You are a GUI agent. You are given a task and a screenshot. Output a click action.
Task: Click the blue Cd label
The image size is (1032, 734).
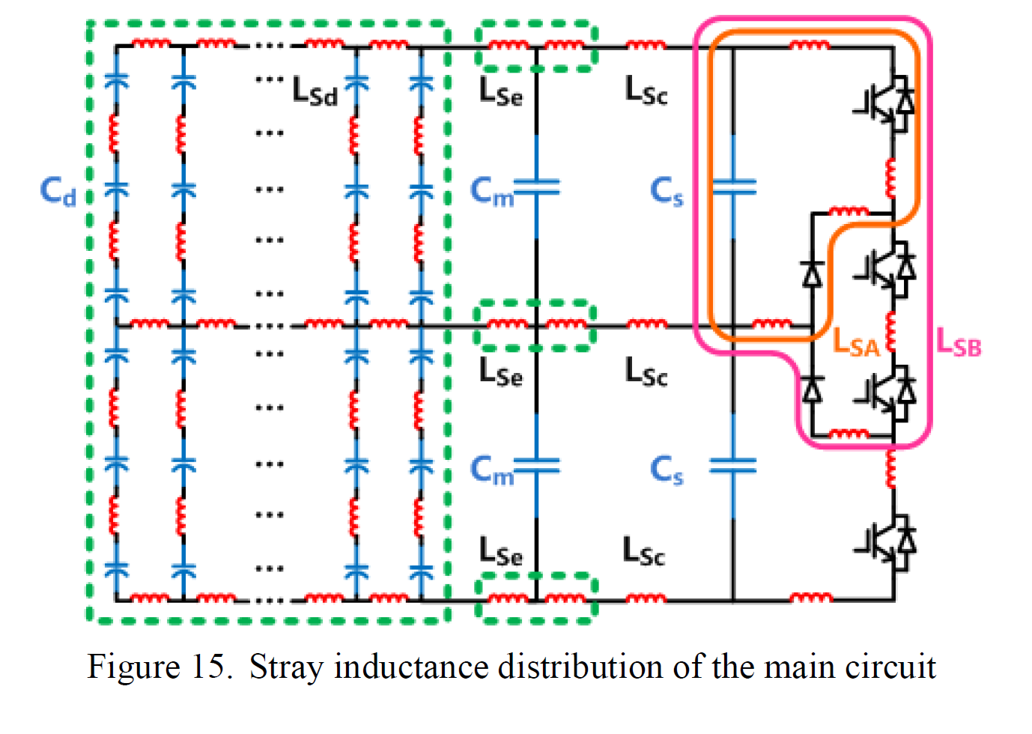58,191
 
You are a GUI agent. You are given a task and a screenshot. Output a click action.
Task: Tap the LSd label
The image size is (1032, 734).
315,91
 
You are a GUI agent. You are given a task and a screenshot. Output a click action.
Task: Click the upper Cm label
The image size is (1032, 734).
492,191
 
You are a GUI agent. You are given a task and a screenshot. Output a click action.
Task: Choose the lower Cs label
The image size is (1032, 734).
667,470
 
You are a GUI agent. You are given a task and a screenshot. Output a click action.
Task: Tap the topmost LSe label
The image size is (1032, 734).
501,91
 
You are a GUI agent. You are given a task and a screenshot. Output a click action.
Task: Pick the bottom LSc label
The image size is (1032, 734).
643,550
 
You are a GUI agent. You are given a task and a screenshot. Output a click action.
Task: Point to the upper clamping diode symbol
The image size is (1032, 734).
813,275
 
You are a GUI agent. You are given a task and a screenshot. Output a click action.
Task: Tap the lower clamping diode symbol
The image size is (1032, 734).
813,389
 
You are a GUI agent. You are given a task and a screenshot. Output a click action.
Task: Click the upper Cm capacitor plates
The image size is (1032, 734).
537,187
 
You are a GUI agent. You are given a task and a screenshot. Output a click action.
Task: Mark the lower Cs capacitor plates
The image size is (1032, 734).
733,466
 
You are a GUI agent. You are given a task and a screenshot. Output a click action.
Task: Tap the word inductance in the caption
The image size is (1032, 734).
411,667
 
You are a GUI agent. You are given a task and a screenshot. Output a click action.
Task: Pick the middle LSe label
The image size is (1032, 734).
501,371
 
